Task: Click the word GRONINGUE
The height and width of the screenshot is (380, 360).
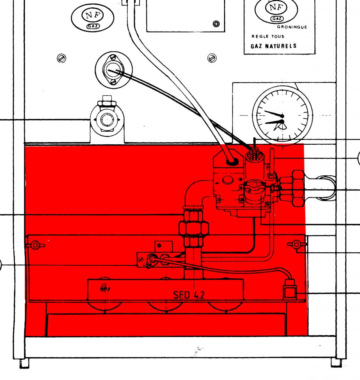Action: click(292, 27)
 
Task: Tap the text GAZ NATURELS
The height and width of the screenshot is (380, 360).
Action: click(270, 46)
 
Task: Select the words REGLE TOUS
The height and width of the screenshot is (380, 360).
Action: click(268, 36)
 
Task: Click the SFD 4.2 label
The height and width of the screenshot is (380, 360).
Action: click(189, 295)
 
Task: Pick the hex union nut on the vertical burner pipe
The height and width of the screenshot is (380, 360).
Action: click(193, 228)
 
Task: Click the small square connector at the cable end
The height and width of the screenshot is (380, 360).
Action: click(290, 293)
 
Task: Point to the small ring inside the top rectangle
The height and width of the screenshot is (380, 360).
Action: click(216, 24)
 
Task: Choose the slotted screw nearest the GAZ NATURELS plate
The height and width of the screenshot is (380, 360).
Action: click(211, 58)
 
